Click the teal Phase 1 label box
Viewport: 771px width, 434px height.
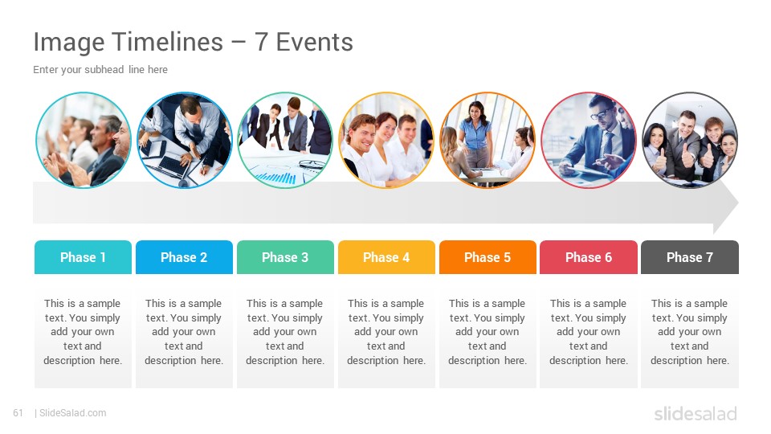tap(83, 257)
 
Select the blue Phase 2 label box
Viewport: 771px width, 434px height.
tap(185, 257)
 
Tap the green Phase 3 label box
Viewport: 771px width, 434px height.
tap(285, 257)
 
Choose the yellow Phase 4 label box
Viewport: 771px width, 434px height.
tap(386, 257)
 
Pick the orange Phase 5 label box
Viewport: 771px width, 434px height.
tap(487, 257)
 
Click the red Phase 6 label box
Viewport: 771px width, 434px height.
tap(589, 257)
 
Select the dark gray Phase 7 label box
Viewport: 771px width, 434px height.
tap(690, 257)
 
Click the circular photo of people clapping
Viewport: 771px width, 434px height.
tap(84, 140)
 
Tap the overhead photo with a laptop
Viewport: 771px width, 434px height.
tap(185, 140)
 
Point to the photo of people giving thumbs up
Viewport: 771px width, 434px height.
tap(690, 140)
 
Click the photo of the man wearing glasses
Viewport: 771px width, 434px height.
tap(589, 140)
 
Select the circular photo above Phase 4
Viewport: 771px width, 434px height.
tap(386, 140)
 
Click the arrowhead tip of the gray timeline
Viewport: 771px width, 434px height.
tap(738, 203)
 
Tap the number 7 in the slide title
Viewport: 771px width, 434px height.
tap(261, 42)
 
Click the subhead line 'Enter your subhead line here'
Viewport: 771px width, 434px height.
tap(100, 70)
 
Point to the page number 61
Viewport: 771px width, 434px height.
tap(18, 413)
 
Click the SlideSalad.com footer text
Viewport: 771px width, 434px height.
tap(73, 413)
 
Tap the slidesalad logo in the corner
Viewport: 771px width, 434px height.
tap(696, 413)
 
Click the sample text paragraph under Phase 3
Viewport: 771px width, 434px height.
tap(285, 332)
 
